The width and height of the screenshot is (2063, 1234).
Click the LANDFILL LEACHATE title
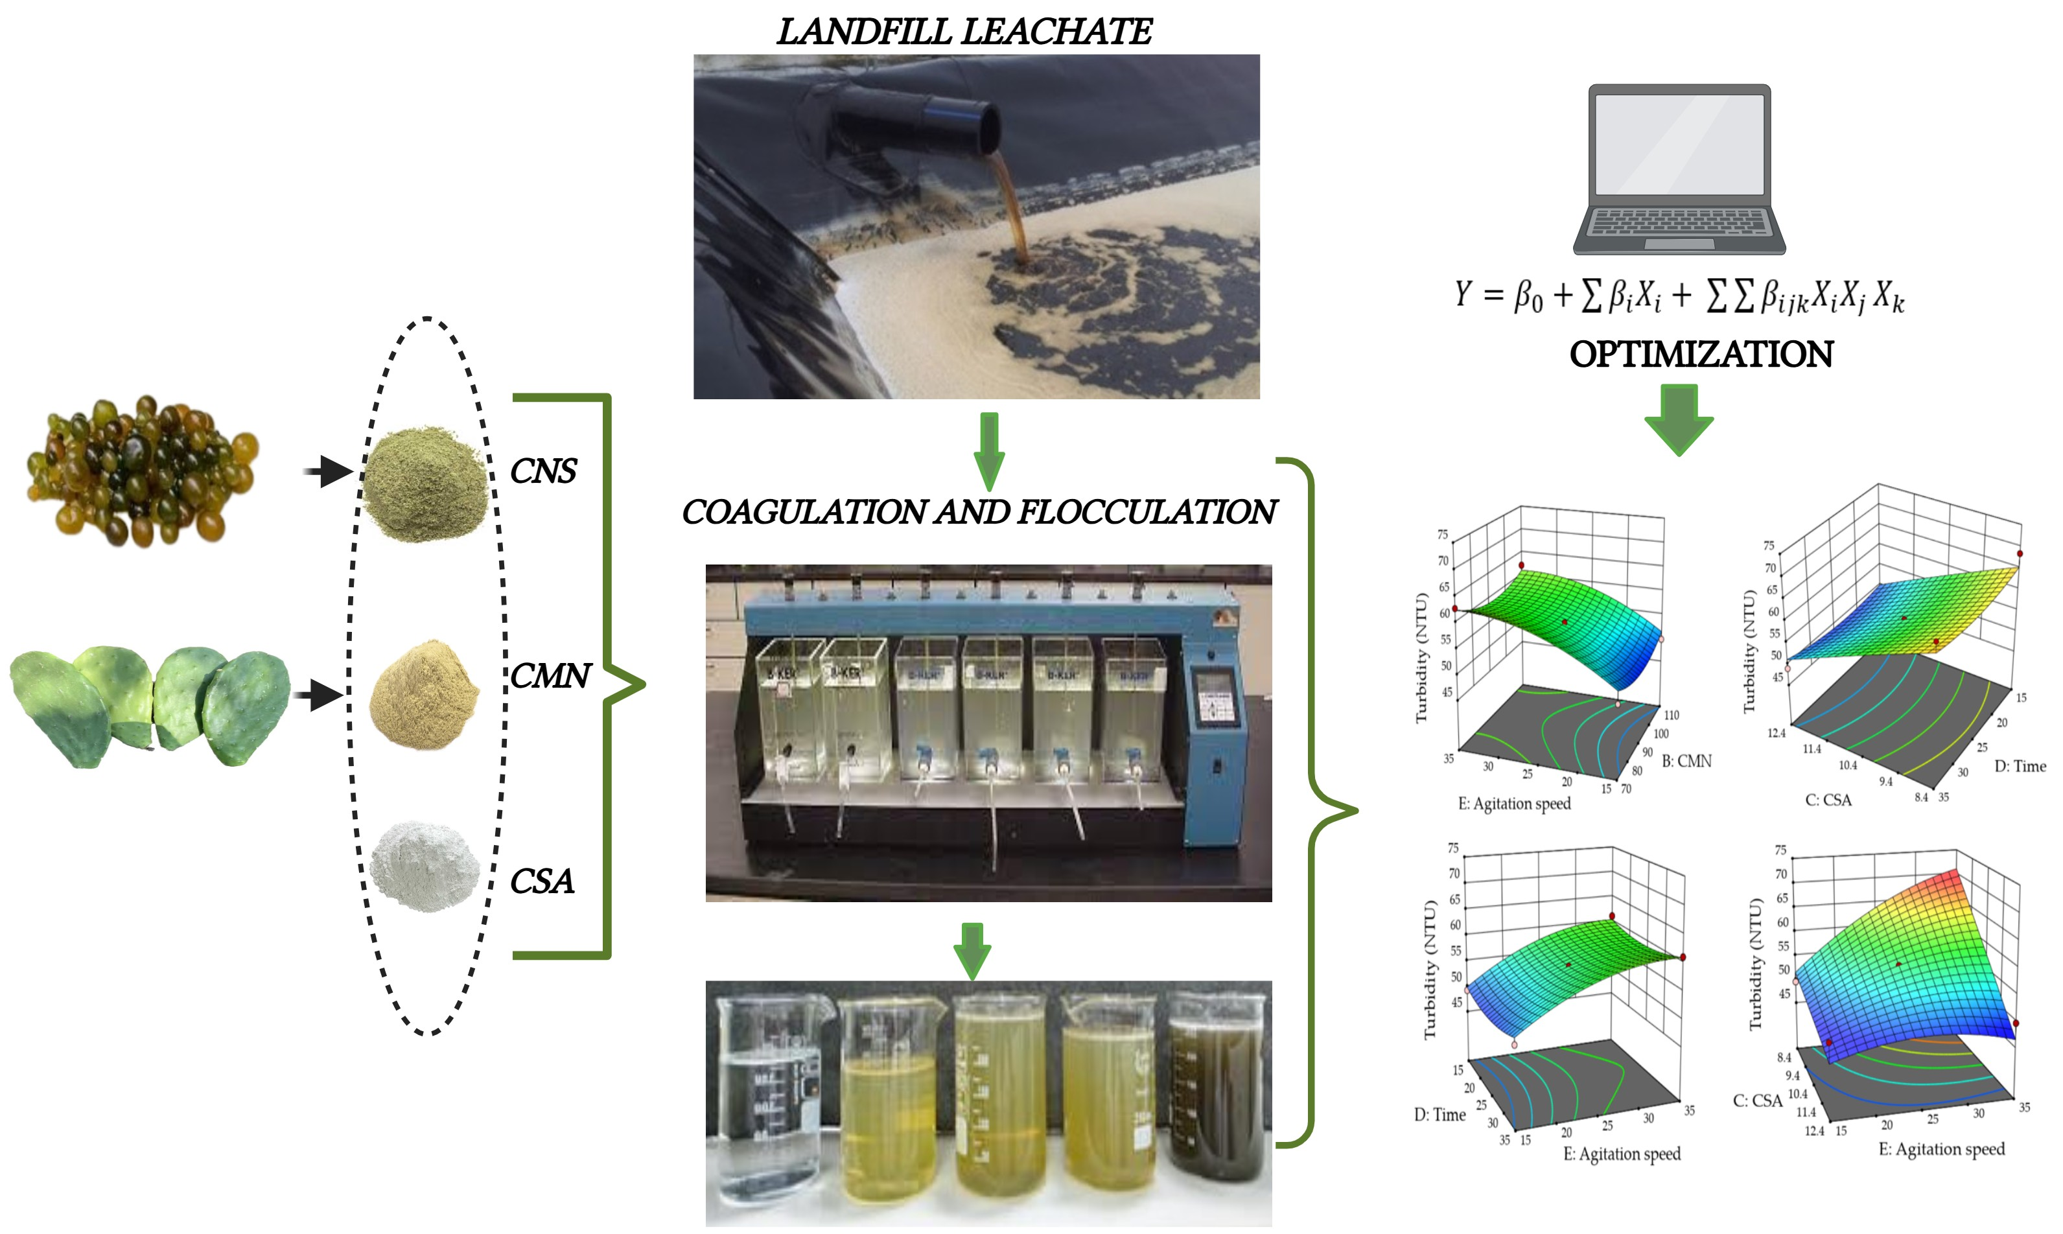click(964, 32)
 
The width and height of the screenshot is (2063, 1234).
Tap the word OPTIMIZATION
click(1701, 355)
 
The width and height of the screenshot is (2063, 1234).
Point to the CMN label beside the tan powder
click(550, 676)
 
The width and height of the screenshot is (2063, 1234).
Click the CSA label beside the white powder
click(541, 881)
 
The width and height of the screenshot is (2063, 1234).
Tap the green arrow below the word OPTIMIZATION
click(1679, 420)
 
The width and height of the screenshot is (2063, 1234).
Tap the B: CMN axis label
click(1686, 761)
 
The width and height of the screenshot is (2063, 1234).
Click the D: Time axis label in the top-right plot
click(2020, 766)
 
